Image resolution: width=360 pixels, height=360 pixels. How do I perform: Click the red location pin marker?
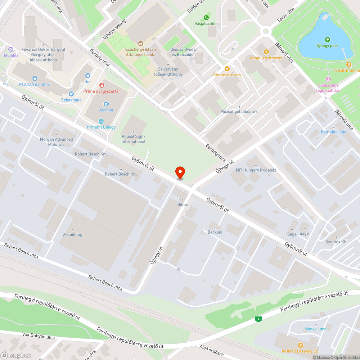(x=180, y=172)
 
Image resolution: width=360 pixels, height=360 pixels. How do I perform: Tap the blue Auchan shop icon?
(x=106, y=104)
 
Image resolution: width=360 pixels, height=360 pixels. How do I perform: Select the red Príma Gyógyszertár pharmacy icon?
(x=102, y=85)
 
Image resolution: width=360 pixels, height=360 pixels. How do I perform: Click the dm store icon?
(x=87, y=76)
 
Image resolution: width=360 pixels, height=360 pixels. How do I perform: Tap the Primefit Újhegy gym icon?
(x=101, y=121)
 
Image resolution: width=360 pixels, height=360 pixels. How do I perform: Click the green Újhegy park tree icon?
(x=327, y=40)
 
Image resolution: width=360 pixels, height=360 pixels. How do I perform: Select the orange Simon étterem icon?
(x=227, y=69)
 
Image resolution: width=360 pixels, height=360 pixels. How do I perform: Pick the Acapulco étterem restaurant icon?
(x=266, y=52)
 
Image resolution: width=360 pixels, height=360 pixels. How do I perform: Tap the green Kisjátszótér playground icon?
(x=206, y=17)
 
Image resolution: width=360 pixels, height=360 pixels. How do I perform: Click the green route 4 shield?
(x=258, y=319)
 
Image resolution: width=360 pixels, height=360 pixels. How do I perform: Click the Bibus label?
(x=183, y=204)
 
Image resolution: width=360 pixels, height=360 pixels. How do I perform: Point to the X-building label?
(x=73, y=234)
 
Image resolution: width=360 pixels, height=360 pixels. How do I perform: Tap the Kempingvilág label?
(x=334, y=132)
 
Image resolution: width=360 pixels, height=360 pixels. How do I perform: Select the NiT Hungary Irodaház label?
(x=256, y=170)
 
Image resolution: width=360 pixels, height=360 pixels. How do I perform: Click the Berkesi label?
(x=215, y=232)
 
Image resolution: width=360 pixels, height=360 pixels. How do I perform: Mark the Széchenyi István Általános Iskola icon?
(x=140, y=43)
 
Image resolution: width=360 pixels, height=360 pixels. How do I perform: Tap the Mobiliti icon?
(x=11, y=49)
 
